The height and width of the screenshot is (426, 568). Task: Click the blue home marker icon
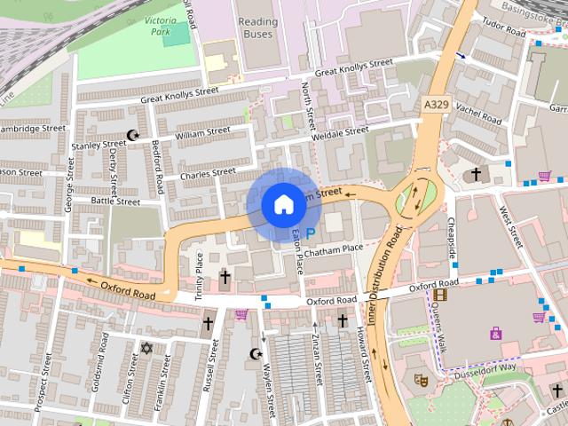[282, 204]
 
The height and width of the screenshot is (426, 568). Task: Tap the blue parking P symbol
[310, 233]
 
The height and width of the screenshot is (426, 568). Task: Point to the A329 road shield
[436, 106]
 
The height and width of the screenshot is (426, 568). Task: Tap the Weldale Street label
[341, 131]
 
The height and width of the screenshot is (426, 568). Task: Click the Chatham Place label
[334, 249]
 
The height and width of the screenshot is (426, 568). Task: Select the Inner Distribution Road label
[384, 274]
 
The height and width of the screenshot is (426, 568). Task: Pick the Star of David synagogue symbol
[146, 350]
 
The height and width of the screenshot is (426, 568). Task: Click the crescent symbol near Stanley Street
[135, 136]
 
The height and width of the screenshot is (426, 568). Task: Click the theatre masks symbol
[420, 379]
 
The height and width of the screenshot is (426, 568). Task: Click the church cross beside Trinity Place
[224, 278]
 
